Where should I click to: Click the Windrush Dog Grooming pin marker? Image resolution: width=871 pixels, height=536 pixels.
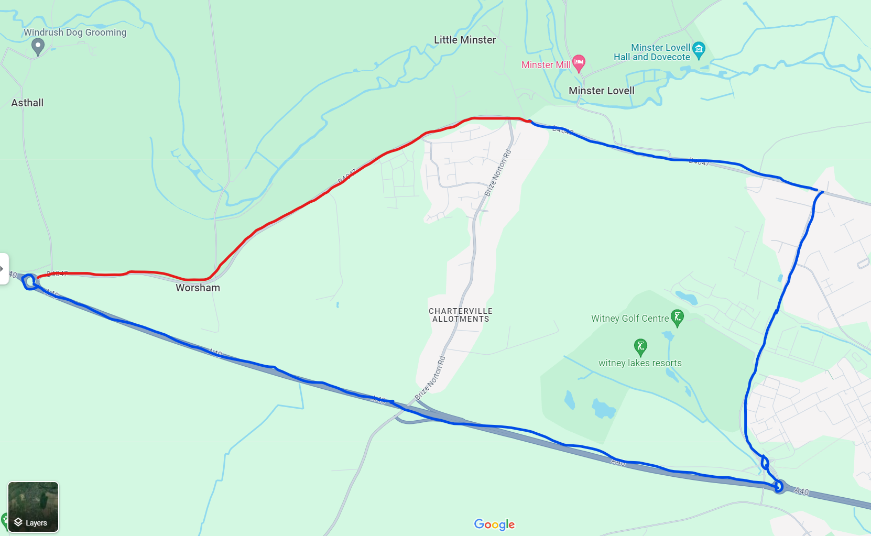[x=37, y=47]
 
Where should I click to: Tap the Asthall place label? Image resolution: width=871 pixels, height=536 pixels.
[x=27, y=103]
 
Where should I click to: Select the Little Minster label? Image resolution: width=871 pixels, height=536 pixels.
[x=464, y=40]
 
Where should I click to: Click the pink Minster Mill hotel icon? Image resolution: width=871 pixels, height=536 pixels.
[x=579, y=63]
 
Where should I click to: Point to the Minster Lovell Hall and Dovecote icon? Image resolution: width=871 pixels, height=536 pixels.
[x=699, y=50]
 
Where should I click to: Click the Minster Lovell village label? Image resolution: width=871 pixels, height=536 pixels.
[x=601, y=91]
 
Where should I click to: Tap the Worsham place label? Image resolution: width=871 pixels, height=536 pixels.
[x=198, y=288]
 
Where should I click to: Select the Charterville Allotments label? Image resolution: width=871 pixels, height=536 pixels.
[x=461, y=315]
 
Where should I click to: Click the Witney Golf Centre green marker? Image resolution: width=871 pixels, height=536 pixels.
[x=677, y=317]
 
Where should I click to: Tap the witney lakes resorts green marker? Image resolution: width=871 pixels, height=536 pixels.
[x=640, y=346]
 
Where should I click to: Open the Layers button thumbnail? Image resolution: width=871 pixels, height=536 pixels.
[x=33, y=507]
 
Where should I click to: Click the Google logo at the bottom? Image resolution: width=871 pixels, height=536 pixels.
[x=494, y=524]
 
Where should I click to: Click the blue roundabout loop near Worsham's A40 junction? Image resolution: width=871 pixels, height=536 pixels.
[x=29, y=282]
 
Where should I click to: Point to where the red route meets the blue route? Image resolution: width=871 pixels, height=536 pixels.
[x=530, y=122]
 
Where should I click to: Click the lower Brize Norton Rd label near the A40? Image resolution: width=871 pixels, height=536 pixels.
[x=430, y=379]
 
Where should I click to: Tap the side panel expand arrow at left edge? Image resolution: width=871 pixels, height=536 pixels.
[x=3, y=269]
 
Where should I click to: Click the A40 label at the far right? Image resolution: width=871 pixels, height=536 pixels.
[x=801, y=491]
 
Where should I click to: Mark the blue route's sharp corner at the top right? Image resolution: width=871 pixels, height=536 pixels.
[x=821, y=192]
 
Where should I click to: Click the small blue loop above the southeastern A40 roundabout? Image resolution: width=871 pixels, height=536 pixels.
[x=765, y=463]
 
